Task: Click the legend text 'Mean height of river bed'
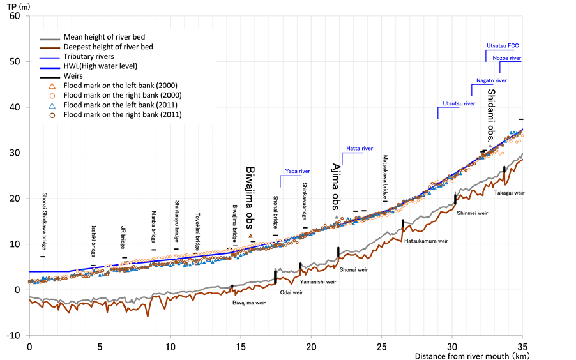point(104,37)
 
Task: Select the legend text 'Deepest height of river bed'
point(108,47)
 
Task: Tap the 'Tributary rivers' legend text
point(89,56)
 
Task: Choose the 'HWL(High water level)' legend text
point(100,66)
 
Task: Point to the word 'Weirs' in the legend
point(73,76)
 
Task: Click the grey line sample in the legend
point(49,37)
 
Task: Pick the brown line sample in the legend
point(49,47)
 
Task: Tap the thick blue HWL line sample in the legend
point(49,66)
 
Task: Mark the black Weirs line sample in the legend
point(49,76)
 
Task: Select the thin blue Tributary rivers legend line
point(49,56)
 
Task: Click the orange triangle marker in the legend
point(52,86)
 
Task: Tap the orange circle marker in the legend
point(52,95)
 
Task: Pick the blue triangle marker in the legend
point(52,105)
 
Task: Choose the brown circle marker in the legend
point(52,115)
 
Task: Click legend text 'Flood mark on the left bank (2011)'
point(121,105)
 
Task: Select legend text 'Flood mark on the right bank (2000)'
point(123,95)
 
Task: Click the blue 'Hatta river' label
point(360,149)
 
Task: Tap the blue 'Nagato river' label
point(492,81)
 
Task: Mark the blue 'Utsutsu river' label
point(459,103)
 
